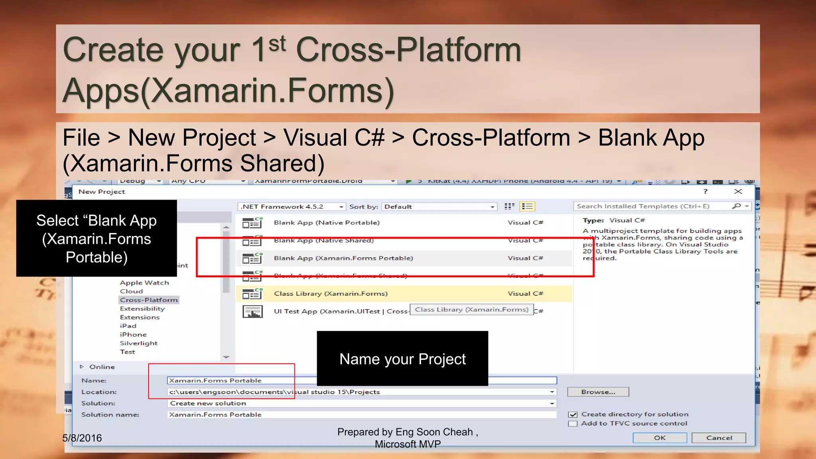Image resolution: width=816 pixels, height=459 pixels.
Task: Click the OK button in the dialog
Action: (659, 437)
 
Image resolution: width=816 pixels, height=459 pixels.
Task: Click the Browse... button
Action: (598, 392)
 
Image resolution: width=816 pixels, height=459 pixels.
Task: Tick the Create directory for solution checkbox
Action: (573, 414)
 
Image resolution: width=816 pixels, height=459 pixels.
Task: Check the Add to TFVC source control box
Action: (573, 424)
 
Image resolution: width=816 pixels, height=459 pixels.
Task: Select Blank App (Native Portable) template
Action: (327, 223)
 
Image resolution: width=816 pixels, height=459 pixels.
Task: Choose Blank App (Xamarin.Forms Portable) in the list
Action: (343, 258)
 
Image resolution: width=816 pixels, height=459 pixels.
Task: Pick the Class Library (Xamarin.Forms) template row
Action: (331, 294)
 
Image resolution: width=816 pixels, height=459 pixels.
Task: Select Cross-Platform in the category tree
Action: (149, 300)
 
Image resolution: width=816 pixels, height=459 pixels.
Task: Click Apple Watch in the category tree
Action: (144, 282)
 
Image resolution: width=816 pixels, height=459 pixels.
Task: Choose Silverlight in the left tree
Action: (139, 343)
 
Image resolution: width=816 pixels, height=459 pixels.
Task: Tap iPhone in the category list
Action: (133, 335)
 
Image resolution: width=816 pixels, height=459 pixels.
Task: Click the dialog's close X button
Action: (738, 192)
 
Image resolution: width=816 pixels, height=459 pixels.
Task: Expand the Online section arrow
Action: (82, 367)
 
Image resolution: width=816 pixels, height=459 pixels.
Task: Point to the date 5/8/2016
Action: (82, 438)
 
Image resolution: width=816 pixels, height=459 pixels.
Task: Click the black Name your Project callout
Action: (402, 359)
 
